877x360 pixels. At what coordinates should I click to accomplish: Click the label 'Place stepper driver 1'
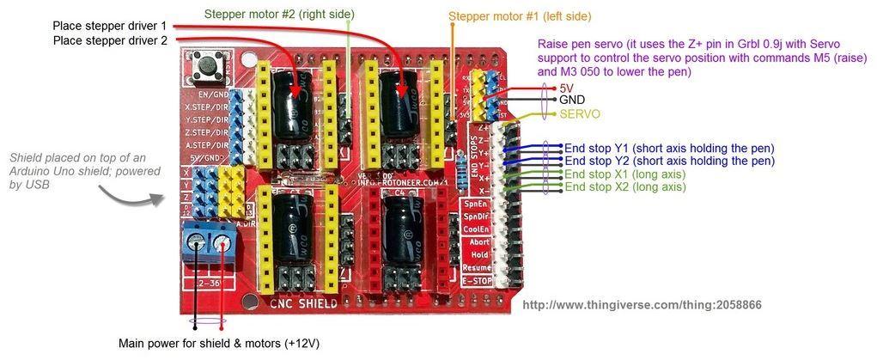[x=109, y=26]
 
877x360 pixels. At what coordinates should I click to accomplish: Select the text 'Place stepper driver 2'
[x=109, y=40]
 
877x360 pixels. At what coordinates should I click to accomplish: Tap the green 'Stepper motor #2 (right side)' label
[x=279, y=15]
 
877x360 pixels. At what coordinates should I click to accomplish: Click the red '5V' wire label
[x=567, y=88]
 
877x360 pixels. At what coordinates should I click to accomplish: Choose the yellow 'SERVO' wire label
[x=580, y=113]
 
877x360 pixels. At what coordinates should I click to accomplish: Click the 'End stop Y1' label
[x=668, y=148]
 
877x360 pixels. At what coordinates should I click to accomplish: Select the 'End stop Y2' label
[x=668, y=161]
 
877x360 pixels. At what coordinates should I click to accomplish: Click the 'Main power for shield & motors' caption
[x=219, y=344]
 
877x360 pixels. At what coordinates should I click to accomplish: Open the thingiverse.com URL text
[x=642, y=305]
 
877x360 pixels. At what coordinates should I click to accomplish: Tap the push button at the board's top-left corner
[x=206, y=64]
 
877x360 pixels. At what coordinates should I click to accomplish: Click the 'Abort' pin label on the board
[x=479, y=242]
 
